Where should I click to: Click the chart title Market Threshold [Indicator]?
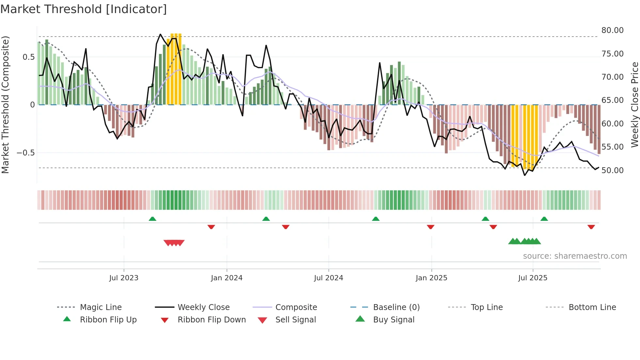[84, 9]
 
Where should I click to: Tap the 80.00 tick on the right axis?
[612, 30]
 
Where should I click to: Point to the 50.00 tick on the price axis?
[612, 171]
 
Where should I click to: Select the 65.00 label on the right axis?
[612, 100]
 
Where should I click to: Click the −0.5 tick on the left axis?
[25, 153]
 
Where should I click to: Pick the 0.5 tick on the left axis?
[28, 57]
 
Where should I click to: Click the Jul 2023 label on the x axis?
[124, 278]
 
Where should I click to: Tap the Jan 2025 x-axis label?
[431, 278]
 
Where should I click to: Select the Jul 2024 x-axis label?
[328, 278]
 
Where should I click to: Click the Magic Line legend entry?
[101, 307]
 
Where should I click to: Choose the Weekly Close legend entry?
[203, 307]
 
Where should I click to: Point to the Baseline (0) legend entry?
[396, 307]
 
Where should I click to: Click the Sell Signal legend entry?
[296, 320]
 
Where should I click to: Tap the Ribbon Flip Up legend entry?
[108, 320]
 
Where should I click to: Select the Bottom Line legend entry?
[592, 307]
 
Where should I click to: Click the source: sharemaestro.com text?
[575, 256]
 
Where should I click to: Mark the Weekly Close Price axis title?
[634, 105]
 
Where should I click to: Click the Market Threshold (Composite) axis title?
[5, 105]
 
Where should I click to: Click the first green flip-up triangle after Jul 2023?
[152, 219]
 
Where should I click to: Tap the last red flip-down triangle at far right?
[591, 227]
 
